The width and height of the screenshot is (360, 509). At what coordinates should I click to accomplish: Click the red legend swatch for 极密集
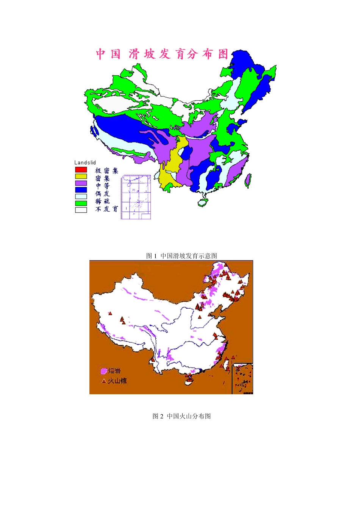[x=81, y=170]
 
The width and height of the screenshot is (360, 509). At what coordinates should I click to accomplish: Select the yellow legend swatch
[x=81, y=176]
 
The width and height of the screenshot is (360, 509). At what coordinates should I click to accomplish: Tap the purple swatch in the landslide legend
[x=81, y=183]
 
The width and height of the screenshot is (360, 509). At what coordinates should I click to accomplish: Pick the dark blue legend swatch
[x=81, y=190]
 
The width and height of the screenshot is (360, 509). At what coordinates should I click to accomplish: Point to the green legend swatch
[x=81, y=203]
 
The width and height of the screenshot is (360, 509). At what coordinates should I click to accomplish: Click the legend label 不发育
[x=106, y=209]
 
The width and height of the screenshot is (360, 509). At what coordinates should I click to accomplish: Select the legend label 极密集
[x=106, y=171]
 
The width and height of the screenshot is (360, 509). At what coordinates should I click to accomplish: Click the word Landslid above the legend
[x=85, y=162]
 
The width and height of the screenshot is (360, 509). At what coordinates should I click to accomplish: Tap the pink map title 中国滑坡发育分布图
[x=162, y=54]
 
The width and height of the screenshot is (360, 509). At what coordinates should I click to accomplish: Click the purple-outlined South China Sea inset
[x=136, y=197]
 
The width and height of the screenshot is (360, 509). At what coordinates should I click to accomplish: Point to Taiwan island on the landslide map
[x=248, y=181]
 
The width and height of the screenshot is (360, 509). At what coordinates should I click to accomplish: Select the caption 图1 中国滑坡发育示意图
[x=182, y=256]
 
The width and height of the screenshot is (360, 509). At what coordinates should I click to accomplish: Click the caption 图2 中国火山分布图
[x=182, y=416]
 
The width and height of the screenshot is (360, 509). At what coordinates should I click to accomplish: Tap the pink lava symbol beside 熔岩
[x=103, y=371]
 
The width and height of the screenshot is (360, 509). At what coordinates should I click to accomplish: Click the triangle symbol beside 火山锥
[x=104, y=381]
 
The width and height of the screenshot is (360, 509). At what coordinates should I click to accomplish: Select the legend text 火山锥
[x=117, y=381]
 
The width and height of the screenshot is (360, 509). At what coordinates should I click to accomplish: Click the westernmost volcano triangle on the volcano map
[x=110, y=313]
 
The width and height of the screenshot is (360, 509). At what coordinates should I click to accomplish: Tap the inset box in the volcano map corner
[x=242, y=379]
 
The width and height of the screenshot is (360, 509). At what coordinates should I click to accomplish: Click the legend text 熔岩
[x=114, y=371]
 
